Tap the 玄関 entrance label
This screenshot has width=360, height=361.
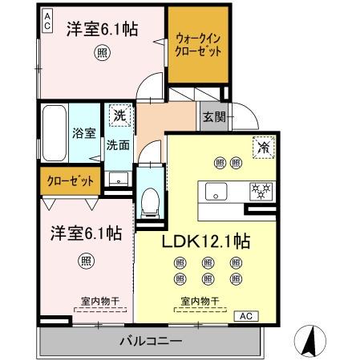212,116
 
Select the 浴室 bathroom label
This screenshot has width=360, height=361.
83,134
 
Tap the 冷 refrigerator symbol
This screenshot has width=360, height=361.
263,147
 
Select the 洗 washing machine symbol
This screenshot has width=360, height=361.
119,114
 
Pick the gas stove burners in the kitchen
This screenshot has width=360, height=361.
261,191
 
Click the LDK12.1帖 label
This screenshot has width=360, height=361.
206,241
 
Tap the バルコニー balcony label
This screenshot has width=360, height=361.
150,341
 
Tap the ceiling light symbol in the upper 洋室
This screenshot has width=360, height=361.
103,53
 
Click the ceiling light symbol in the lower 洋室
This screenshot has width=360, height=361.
85,260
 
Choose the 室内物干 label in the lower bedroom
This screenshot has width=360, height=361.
99,302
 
